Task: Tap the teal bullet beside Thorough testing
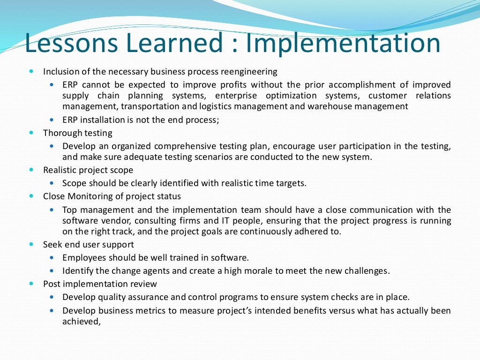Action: point(31,133)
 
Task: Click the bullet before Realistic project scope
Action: point(31,170)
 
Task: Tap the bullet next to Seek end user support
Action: point(31,244)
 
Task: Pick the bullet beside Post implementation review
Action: point(31,284)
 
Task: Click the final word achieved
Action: point(81,322)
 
